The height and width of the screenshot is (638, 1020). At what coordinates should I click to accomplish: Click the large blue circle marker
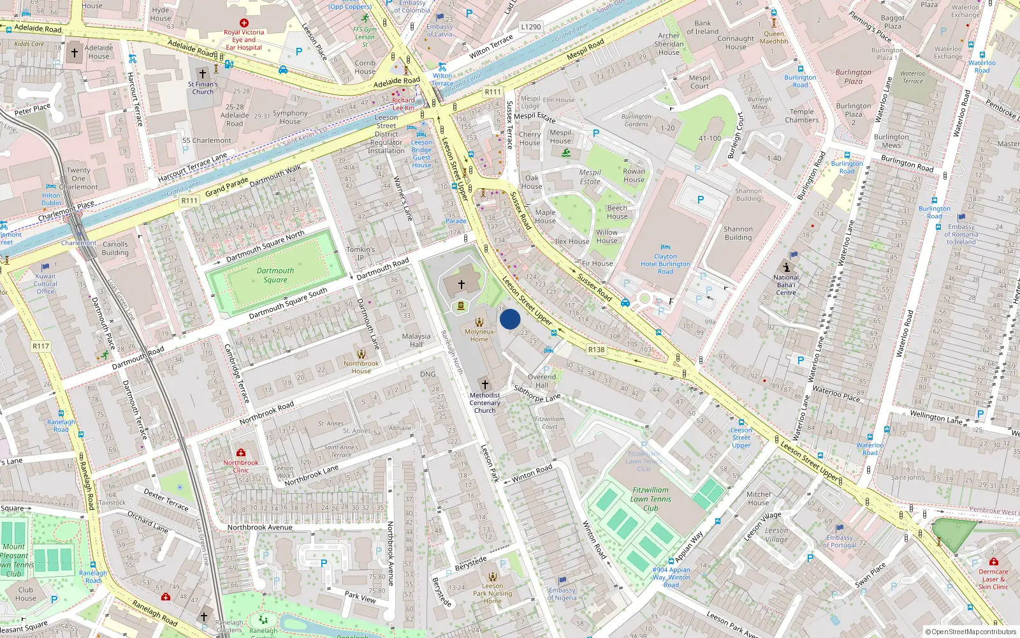coord(510,319)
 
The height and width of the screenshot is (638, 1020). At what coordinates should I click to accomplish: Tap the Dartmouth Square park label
coord(275,275)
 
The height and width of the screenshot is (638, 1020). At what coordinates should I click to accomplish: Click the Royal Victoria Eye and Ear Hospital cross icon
coord(244,23)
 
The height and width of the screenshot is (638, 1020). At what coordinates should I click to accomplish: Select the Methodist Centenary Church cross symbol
coord(485,385)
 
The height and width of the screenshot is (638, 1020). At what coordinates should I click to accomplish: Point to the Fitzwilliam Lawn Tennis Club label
coord(650,500)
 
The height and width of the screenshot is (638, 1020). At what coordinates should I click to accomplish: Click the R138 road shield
coord(596,350)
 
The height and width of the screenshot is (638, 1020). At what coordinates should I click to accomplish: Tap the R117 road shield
coord(41,346)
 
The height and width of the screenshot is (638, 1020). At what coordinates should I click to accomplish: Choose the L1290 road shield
coord(530,27)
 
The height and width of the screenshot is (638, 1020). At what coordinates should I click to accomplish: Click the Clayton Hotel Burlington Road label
coord(665,263)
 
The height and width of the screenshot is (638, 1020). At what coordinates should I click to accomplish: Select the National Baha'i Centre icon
coord(786,267)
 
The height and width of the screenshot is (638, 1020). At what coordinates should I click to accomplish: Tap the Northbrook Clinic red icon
coord(241,452)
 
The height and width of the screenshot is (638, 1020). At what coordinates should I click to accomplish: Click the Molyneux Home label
coord(479,336)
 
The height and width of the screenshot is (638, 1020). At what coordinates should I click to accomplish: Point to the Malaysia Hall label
coord(416,340)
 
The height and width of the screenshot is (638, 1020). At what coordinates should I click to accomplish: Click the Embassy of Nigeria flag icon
coord(562,581)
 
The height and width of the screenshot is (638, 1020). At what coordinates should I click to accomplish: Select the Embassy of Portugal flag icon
coord(839,528)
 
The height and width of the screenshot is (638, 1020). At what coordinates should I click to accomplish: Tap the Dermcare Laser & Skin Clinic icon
coord(993,561)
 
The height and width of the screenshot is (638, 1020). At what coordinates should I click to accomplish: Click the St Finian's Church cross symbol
coord(203,74)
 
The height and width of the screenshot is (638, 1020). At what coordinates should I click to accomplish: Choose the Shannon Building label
coord(738,233)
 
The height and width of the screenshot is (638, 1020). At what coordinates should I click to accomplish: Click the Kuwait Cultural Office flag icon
coord(45,267)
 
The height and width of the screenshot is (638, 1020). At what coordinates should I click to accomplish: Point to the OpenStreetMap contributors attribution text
coord(971,632)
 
